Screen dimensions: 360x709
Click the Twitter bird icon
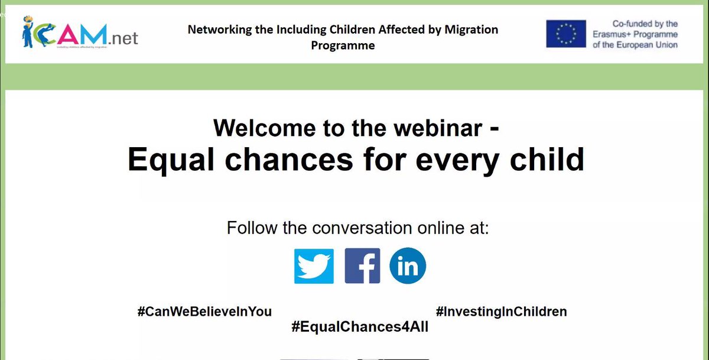point(314,267)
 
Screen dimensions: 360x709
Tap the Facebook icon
point(362,267)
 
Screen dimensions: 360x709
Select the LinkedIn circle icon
point(408,267)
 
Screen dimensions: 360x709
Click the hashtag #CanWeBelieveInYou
point(204,312)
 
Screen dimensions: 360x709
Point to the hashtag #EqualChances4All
point(360,327)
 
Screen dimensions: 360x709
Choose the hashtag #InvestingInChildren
point(501,312)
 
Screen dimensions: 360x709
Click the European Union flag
point(565,34)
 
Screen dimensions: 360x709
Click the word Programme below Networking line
point(343,46)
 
